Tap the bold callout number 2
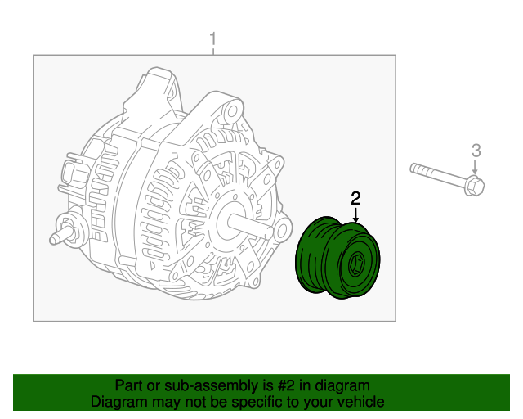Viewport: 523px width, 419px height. point(355,197)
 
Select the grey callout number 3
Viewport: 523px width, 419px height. point(476,150)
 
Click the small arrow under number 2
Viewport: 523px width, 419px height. point(355,214)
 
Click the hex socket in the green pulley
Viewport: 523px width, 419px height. point(357,265)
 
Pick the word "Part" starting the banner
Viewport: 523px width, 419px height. point(128,385)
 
